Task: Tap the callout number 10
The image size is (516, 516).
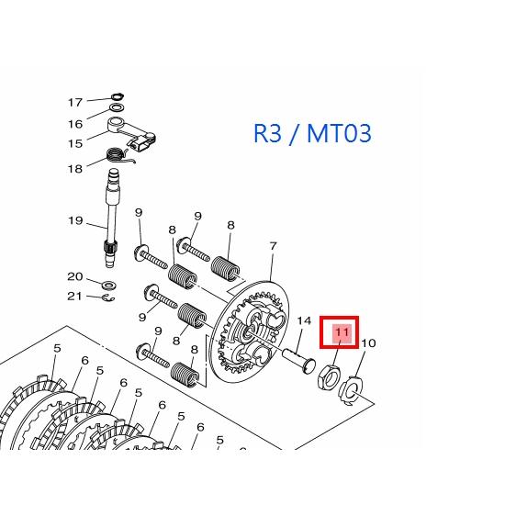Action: point(368,343)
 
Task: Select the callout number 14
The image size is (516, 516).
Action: point(305,321)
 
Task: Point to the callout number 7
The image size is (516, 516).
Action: point(273,246)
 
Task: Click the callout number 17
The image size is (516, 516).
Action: point(75,102)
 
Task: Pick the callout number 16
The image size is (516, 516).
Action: point(75,123)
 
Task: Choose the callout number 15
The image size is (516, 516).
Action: point(75,143)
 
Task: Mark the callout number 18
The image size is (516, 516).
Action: point(75,168)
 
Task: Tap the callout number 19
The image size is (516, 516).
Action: point(75,220)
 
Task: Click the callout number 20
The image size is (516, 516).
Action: point(75,276)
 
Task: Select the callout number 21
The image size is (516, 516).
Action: point(75,296)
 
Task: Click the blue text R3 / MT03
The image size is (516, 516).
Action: point(312,134)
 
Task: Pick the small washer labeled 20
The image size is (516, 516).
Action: point(108,278)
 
